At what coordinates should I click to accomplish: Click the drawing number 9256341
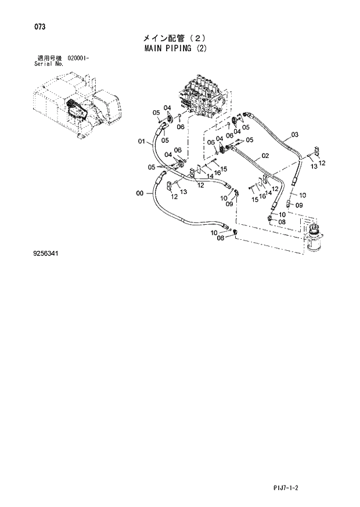(x=46, y=254)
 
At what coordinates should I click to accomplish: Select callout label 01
(x=141, y=141)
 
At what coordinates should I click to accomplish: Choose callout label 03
(x=294, y=135)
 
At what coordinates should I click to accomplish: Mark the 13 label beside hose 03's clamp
(x=314, y=166)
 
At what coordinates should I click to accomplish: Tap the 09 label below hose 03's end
(x=299, y=205)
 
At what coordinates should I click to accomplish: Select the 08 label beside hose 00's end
(x=221, y=238)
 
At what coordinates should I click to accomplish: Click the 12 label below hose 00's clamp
(x=174, y=197)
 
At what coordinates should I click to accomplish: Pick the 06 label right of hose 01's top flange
(x=181, y=127)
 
